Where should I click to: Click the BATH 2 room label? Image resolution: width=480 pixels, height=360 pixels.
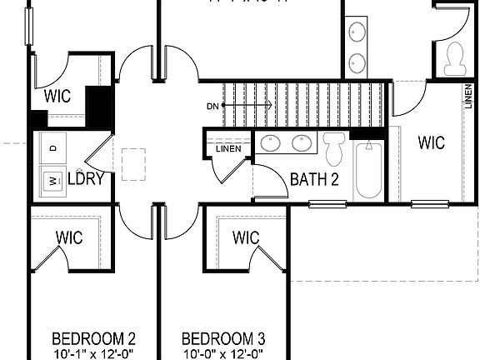[314, 179]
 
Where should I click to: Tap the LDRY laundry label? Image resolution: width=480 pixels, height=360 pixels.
[85, 178]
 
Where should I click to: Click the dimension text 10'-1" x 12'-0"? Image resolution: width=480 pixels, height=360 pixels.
[93, 353]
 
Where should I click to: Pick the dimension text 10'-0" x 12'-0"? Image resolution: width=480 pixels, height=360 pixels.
[223, 353]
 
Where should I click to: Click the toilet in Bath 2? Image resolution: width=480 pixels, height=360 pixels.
[335, 147]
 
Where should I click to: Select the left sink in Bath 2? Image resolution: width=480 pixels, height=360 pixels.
[272, 143]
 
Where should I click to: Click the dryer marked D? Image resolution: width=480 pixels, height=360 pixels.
[52, 148]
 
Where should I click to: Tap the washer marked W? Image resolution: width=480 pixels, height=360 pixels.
[52, 178]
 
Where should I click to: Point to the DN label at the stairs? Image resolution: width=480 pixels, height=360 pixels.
[213, 106]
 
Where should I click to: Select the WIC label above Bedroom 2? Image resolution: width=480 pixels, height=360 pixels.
[70, 238]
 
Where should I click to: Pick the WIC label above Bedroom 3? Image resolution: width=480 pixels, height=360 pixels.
[247, 238]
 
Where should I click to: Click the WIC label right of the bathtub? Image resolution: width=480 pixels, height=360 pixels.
[431, 142]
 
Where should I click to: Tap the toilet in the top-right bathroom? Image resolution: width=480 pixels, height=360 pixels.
[455, 57]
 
